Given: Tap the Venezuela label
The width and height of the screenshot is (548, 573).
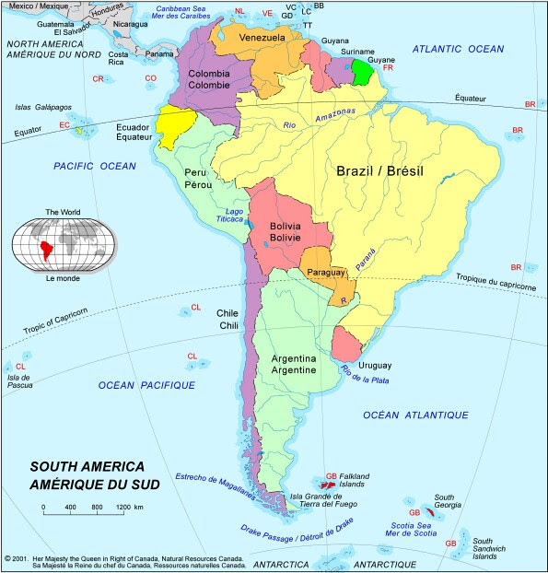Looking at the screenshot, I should click(258, 37).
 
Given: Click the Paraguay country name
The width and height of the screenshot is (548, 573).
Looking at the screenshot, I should click(325, 273).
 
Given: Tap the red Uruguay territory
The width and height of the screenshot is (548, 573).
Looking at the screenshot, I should click(347, 345).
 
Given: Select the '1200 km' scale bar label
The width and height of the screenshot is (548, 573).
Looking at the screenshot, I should click(129, 508).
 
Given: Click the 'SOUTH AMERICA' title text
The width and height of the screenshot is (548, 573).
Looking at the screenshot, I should click(87, 466).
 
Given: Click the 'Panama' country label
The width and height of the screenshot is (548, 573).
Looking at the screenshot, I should click(159, 53).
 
